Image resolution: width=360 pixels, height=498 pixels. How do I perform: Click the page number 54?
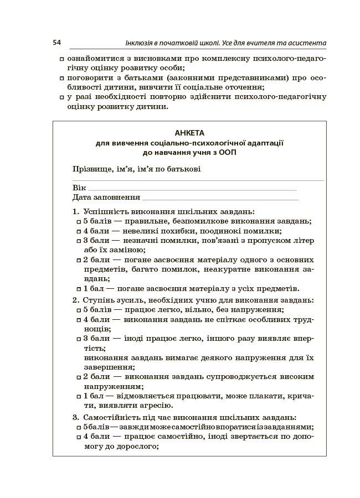coord(56,43)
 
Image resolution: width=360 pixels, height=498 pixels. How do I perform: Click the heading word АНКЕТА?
coord(189,133)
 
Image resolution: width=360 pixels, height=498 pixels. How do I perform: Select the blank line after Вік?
coord(192,188)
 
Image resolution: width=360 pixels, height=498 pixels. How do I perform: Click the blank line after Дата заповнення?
coord(220,198)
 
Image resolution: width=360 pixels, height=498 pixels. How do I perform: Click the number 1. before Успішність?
coord(75,212)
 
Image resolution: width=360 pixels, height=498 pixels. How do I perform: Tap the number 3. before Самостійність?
coord(75,417)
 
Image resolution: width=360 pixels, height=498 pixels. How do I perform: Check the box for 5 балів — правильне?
coord(79,222)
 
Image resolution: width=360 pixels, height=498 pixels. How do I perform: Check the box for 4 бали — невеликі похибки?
coord(79,231)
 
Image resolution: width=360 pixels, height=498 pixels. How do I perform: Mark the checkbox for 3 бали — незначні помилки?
coord(79,241)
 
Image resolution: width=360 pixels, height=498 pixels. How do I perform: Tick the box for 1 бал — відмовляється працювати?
coord(79,397)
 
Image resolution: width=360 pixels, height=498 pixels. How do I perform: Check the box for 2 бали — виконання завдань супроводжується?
coord(79,377)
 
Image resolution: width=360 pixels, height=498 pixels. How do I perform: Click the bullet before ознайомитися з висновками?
coord(61,59)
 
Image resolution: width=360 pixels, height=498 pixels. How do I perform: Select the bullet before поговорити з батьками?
coord(61,78)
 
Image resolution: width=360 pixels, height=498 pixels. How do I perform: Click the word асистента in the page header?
coord(308,43)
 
